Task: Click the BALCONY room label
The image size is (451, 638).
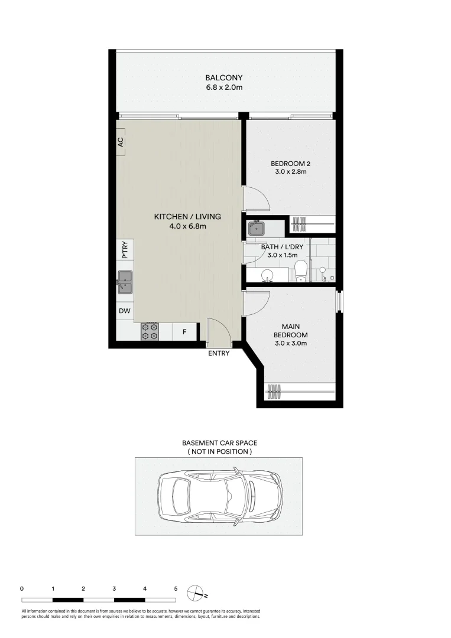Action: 223,77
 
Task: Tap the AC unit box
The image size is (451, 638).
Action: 121,142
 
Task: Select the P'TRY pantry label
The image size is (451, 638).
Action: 125,250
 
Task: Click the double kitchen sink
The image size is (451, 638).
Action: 125,282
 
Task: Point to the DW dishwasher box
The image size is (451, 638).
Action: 125,311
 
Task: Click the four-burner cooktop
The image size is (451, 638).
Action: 150,331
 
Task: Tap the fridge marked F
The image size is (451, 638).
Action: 184,332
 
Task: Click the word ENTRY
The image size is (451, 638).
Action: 218,353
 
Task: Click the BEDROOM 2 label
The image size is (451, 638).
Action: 289,163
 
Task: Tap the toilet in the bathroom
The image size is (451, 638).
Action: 300,271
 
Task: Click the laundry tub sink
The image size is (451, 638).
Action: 257,227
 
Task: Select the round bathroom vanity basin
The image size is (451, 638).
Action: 268,275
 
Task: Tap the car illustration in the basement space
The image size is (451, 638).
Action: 218,496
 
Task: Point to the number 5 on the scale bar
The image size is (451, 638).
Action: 176,588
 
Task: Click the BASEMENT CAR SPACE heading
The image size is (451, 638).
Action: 219,442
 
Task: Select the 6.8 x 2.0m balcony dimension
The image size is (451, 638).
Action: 223,87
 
